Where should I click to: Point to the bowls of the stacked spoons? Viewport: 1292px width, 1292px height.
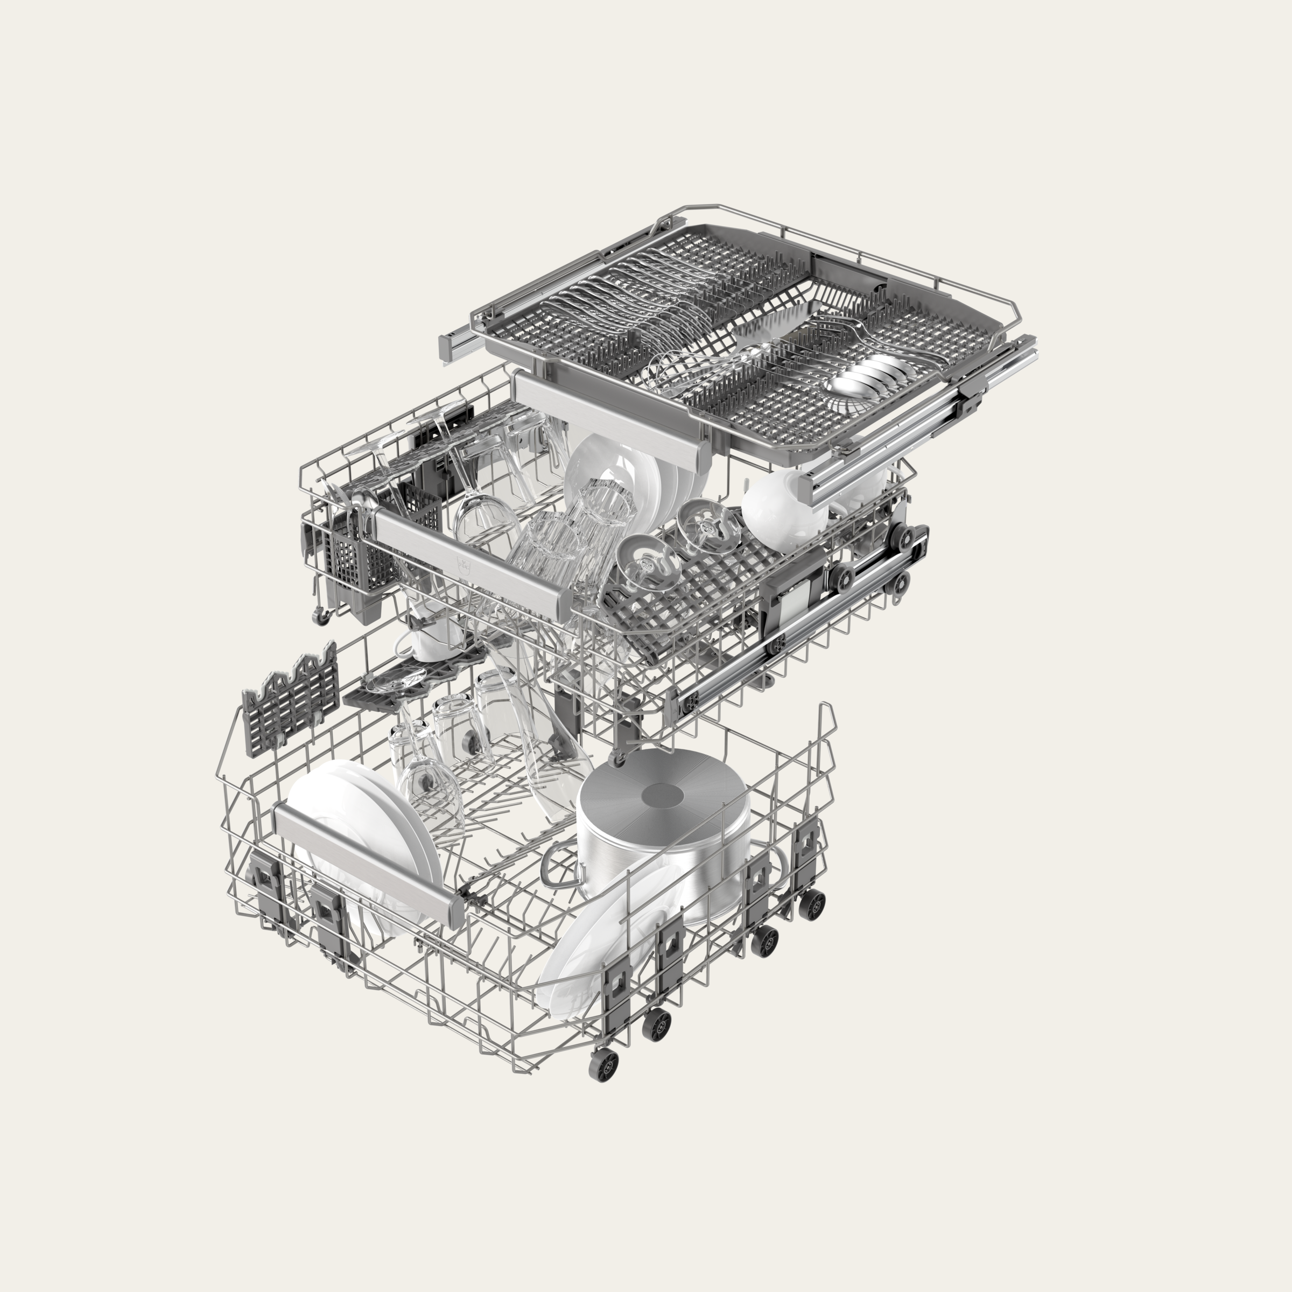(862, 375)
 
